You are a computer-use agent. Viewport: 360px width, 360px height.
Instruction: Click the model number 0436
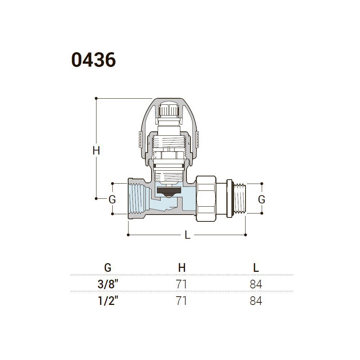point(94,60)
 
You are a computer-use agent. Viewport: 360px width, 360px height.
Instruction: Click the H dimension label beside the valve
point(96,151)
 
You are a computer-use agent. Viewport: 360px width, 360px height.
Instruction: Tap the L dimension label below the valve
point(188,235)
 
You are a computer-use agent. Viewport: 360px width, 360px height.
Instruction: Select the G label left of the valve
point(112,199)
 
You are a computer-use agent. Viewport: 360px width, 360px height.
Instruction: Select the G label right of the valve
point(261,199)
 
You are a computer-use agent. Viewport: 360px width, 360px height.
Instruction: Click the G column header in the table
point(108,268)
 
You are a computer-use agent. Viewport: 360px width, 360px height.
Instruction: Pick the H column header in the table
point(182,268)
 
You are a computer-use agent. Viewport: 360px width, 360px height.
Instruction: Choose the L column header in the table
point(256,268)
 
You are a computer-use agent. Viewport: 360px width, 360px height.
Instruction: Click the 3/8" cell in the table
point(108,284)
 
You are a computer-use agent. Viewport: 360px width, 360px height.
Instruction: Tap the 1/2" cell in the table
point(108,301)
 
